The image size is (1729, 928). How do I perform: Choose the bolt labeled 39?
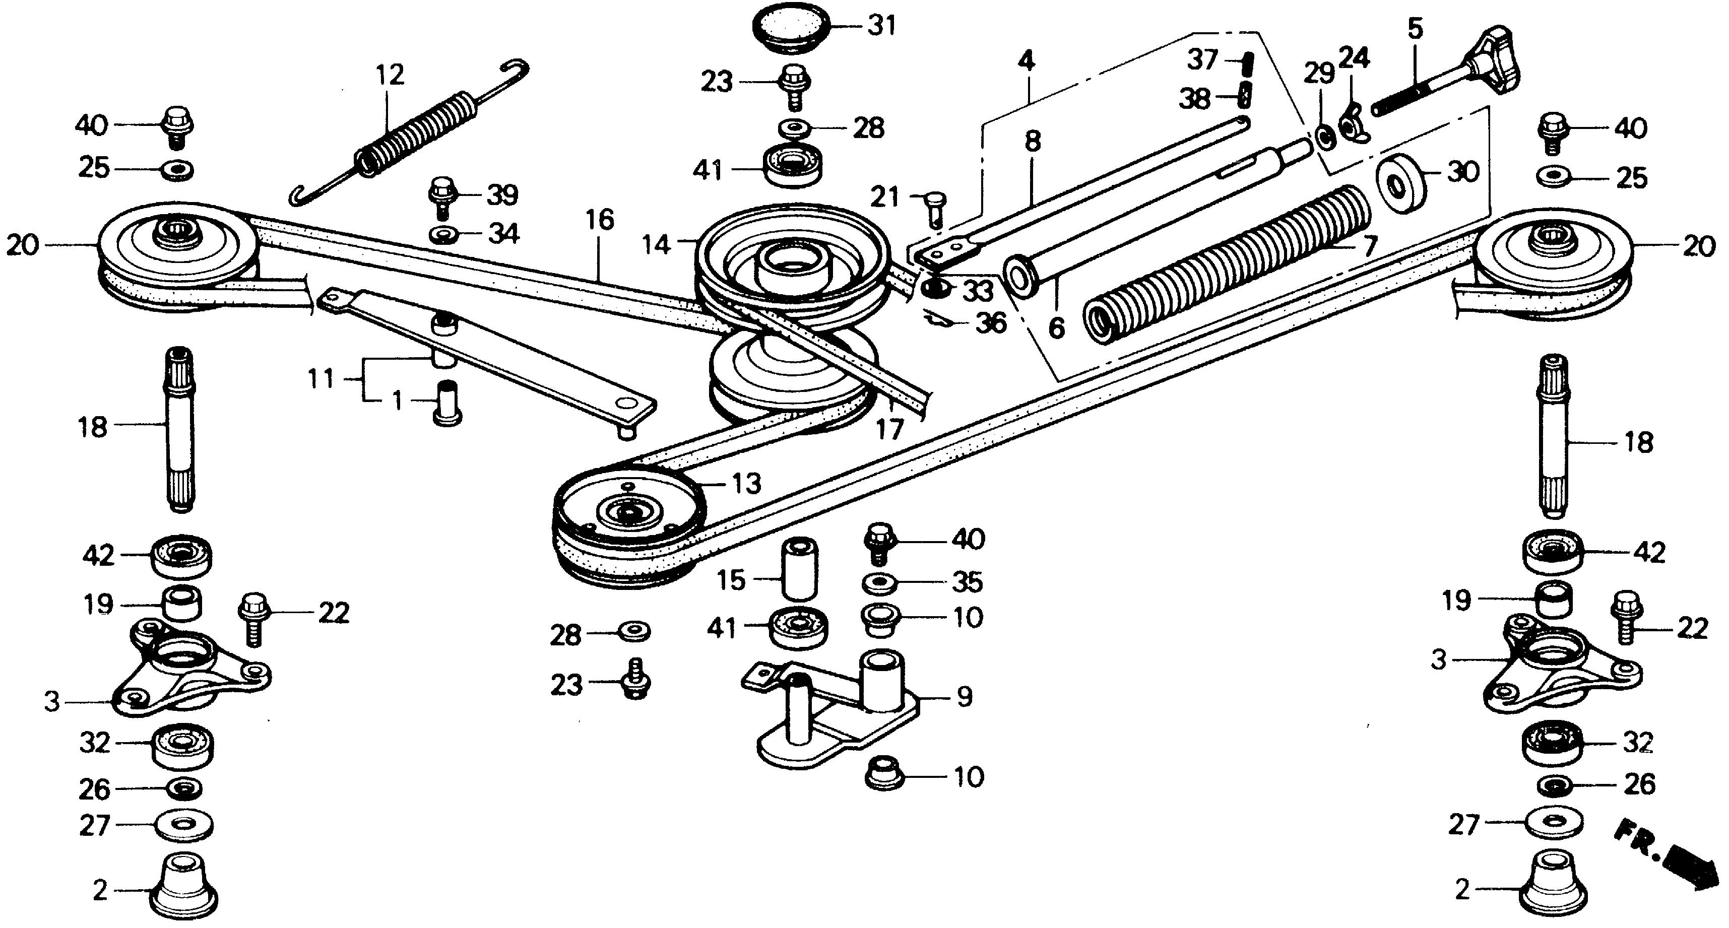pos(441,196)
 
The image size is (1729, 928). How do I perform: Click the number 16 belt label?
pos(599,220)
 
